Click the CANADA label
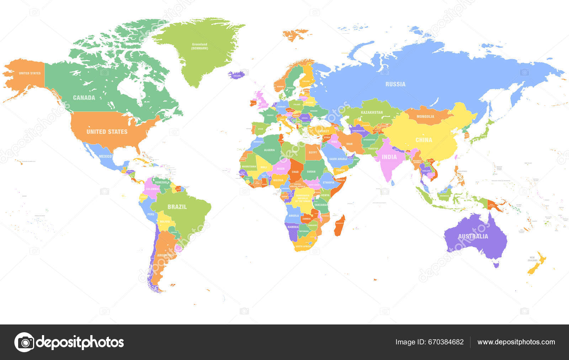(x=84, y=98)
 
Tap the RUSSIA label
(x=395, y=84)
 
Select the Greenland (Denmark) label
(x=200, y=46)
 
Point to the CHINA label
(x=424, y=140)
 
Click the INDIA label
(x=389, y=157)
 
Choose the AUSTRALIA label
(x=473, y=236)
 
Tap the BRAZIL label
(x=177, y=207)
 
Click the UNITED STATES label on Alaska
(x=30, y=73)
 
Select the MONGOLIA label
(x=425, y=117)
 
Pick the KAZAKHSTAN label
(x=372, y=112)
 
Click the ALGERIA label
(x=269, y=150)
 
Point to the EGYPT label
(x=313, y=152)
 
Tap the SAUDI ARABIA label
(x=338, y=159)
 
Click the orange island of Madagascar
(x=339, y=225)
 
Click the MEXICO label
(x=105, y=156)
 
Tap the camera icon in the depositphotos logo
(x=25, y=342)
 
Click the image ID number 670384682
(x=446, y=342)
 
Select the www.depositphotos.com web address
(x=516, y=342)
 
